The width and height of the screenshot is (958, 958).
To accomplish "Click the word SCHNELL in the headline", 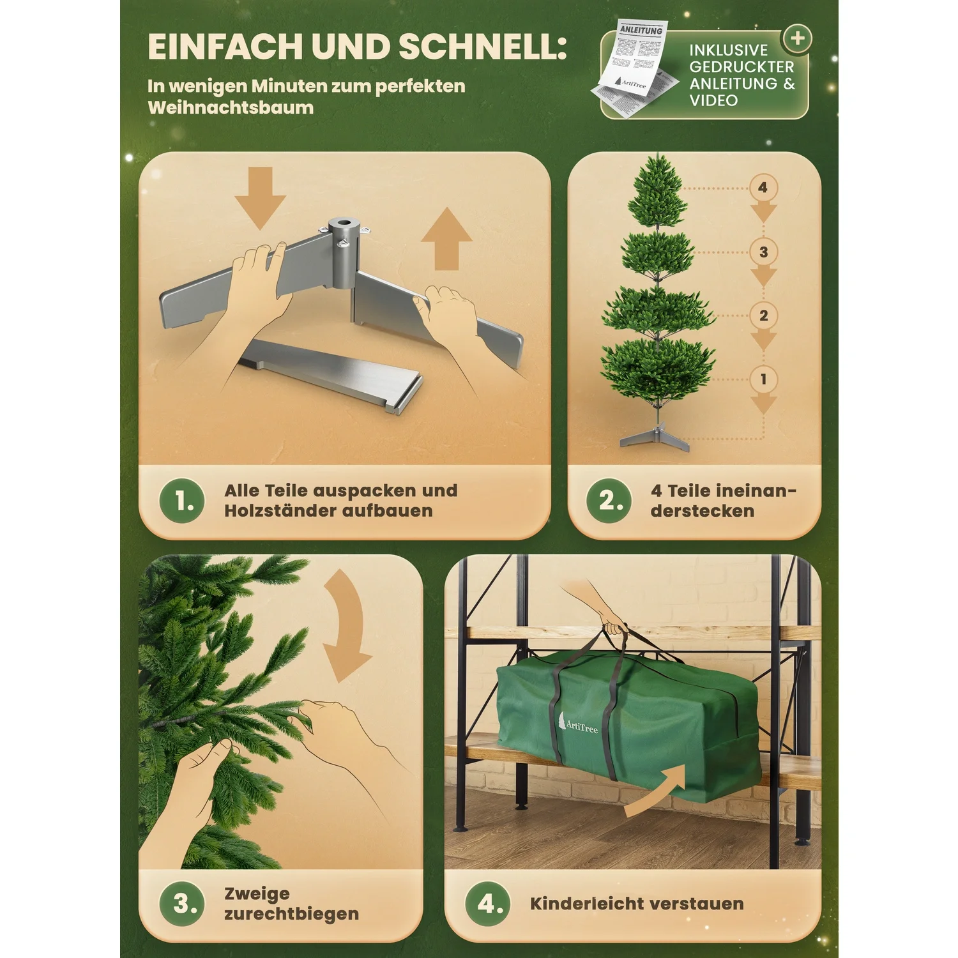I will coord(482,47).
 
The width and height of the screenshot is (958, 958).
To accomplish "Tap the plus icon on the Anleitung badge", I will coord(797,38).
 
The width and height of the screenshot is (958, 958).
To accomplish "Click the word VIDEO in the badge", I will coord(713,100).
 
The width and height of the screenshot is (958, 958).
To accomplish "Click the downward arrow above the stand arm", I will coord(260,197).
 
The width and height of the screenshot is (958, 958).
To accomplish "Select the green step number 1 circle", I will coord(182,501).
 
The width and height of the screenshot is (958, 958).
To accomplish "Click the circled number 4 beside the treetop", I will coord(763,188).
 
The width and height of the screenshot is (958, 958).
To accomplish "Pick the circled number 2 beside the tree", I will coord(763,316).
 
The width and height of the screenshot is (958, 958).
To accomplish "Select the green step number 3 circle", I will coord(182,903).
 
